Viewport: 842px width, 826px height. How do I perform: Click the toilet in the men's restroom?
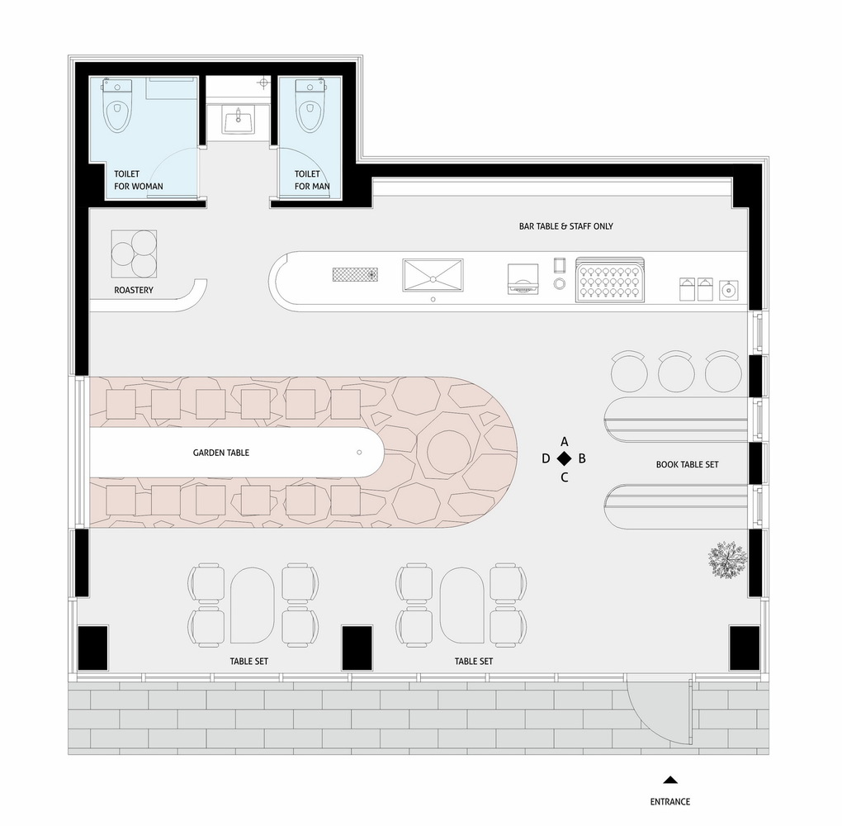coord(310,106)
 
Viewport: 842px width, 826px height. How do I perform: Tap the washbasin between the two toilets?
coord(238,121)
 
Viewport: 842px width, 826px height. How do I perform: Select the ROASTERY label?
coord(134,291)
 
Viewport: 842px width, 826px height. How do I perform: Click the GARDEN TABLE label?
coord(220,453)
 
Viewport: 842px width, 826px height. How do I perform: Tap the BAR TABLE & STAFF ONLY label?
coord(561,226)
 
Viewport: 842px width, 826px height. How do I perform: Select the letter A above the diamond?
coord(565,440)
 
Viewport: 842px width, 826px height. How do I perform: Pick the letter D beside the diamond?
coord(546,458)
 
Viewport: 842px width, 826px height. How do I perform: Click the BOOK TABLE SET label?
coord(687,464)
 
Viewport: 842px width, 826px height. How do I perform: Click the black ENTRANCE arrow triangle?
coord(670,779)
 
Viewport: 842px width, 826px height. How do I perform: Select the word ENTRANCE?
coord(669,801)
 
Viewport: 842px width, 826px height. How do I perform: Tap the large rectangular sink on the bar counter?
coord(433,275)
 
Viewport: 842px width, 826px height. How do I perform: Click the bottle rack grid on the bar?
coord(610,279)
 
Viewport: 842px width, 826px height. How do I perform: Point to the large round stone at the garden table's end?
coord(449,451)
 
